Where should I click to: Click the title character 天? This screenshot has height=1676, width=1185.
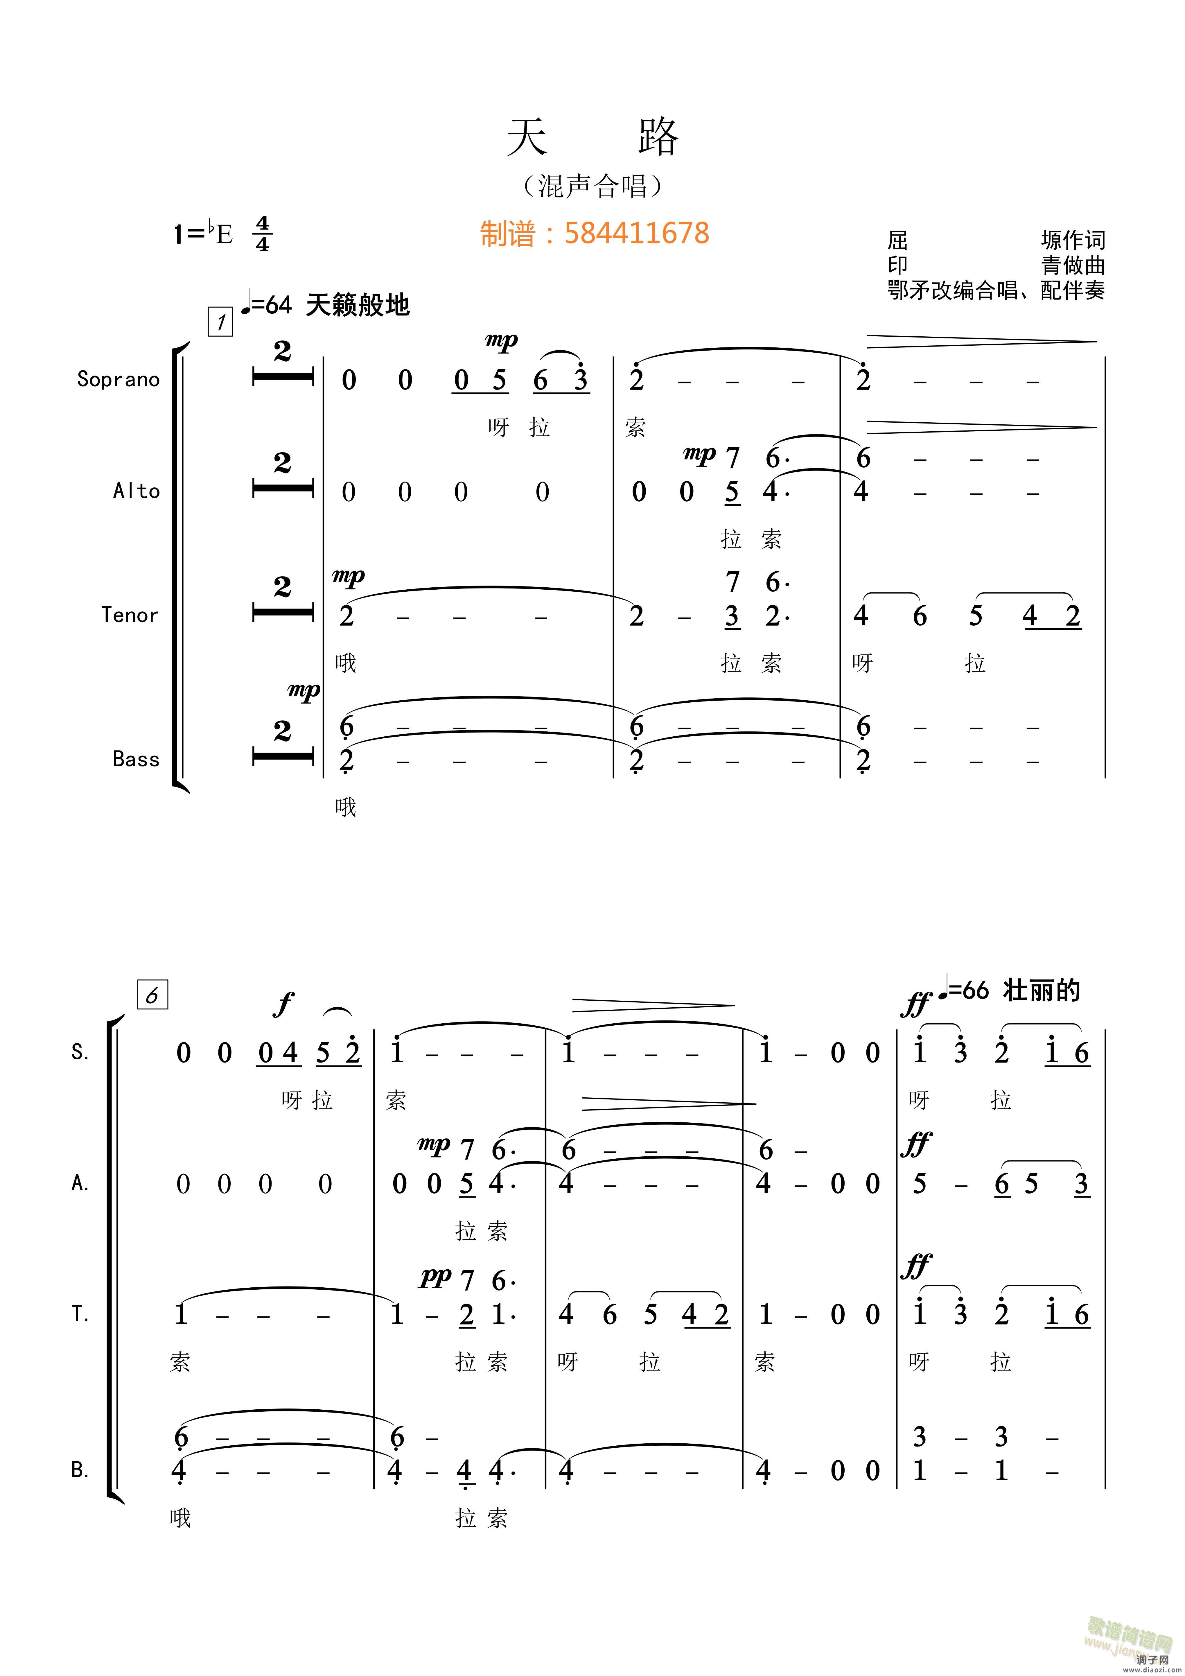(527, 137)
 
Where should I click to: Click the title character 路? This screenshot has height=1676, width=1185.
(658, 137)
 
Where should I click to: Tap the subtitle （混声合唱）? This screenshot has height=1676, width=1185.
(592, 186)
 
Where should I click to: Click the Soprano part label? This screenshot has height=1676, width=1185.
(118, 380)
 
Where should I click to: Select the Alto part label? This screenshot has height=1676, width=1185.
(137, 491)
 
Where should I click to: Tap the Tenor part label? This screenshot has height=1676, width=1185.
(130, 616)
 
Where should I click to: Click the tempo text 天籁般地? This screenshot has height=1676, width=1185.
(358, 305)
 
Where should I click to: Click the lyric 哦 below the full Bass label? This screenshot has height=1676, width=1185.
(346, 807)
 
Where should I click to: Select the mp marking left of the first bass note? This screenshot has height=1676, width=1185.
(304, 690)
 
